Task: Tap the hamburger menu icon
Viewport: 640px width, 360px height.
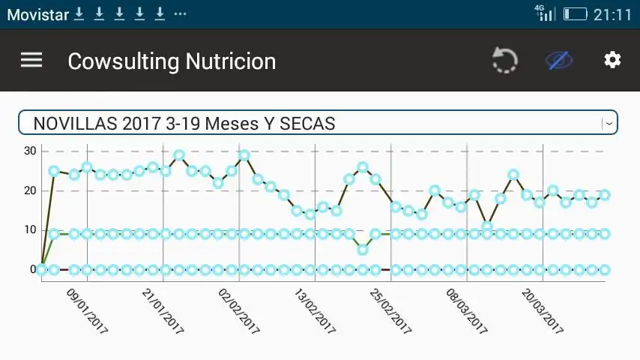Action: coord(31,61)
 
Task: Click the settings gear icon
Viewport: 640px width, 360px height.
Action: coord(612,60)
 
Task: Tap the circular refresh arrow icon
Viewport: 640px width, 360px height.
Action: coord(505,61)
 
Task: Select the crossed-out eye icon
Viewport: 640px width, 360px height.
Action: coord(559,60)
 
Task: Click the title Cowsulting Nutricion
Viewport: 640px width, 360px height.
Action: coord(172,61)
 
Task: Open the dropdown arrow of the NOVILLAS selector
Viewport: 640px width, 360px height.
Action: coord(609,123)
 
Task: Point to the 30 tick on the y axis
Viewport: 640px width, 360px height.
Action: coord(29,151)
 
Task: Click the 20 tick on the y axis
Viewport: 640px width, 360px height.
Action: coord(29,190)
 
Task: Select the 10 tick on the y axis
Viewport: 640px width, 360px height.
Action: coord(29,229)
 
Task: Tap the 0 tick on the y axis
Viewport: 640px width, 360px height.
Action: coord(32,269)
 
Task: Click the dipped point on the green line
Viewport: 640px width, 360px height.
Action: coord(363,250)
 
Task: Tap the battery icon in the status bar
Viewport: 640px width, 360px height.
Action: coord(575,14)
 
